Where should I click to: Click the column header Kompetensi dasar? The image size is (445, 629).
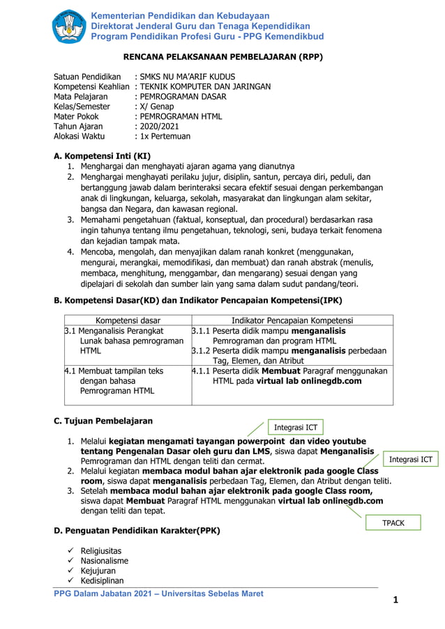tap(126, 320)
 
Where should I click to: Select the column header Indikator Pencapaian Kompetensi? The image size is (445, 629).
tap(292, 320)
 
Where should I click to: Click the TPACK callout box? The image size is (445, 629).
tap(394, 522)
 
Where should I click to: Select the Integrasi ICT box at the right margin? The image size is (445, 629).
tap(410, 459)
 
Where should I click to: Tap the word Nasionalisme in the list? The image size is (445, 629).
tap(104, 561)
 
